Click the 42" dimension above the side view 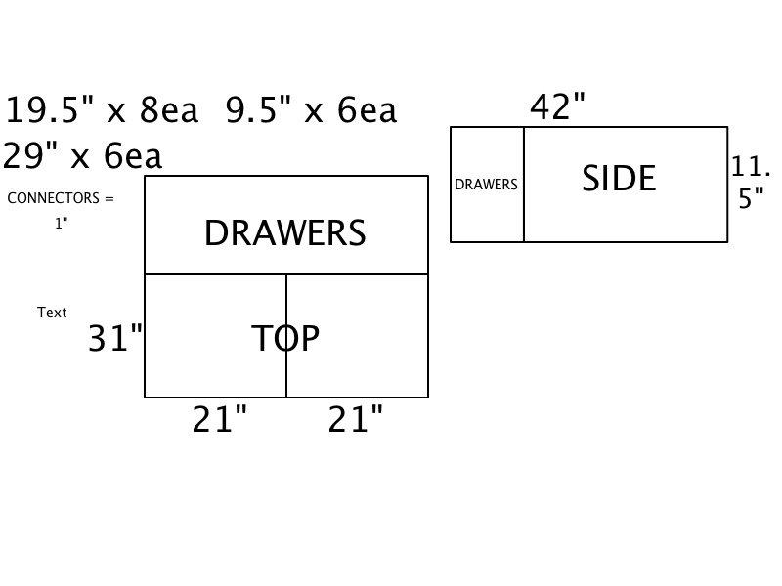[x=557, y=107]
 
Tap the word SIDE [x=619, y=179]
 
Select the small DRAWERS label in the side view [x=486, y=185]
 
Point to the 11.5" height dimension [x=751, y=183]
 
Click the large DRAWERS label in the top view [x=284, y=233]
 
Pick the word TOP [x=285, y=338]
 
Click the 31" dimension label [x=115, y=339]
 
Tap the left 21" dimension [x=219, y=420]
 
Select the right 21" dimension [x=355, y=420]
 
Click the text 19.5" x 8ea [x=102, y=111]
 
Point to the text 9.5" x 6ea [x=311, y=111]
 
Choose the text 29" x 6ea [x=82, y=156]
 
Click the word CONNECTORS [x=53, y=198]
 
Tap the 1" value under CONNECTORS [x=62, y=224]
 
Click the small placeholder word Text [x=52, y=313]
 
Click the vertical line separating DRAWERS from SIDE [x=524, y=215]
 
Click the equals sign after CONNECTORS [x=109, y=198]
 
